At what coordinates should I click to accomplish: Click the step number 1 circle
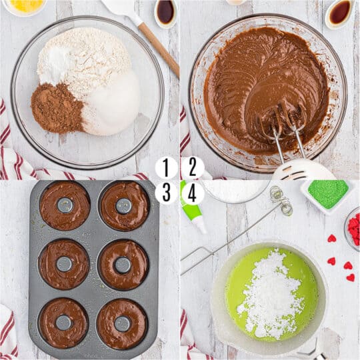click(167, 168)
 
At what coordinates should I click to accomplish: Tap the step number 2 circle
click(193, 168)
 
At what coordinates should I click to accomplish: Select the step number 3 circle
click(167, 193)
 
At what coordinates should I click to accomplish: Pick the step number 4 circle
click(193, 193)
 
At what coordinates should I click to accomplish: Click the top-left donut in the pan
click(65, 205)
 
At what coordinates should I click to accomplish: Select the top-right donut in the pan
click(124, 205)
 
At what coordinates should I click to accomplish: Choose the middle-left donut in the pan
click(64, 264)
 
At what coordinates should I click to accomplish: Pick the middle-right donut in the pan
click(123, 264)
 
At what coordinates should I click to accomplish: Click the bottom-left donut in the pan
click(63, 323)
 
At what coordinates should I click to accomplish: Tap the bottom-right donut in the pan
click(123, 323)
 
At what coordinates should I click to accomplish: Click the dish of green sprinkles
click(327, 193)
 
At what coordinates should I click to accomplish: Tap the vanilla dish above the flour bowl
click(165, 11)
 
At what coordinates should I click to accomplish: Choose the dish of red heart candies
click(353, 230)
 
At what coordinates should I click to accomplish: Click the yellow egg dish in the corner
click(24, 6)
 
